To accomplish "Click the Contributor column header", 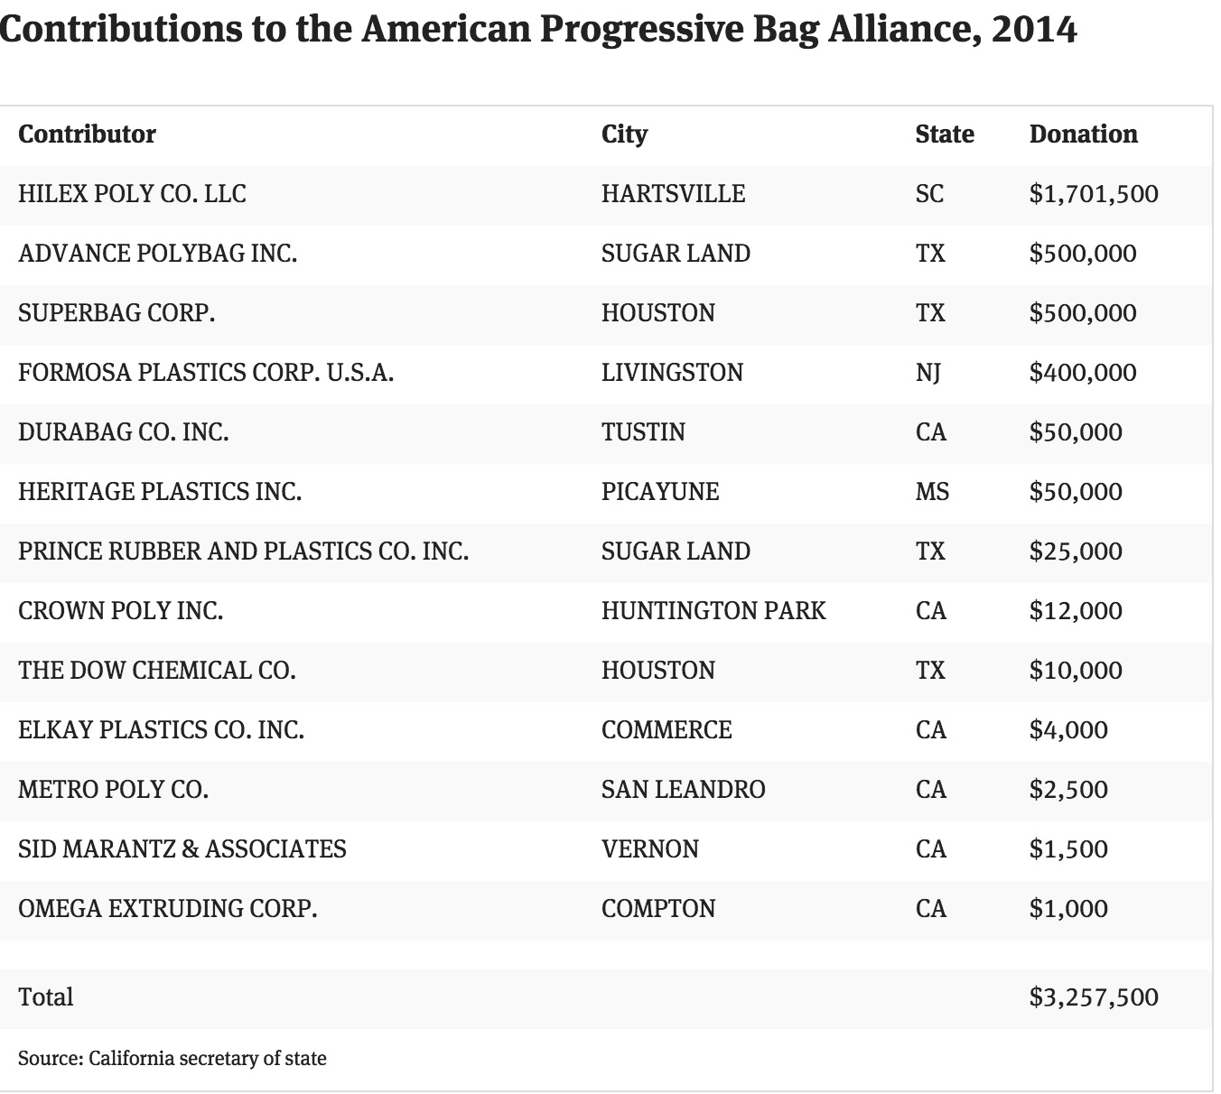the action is click(87, 134).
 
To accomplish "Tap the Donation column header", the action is click(1083, 134).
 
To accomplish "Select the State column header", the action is click(945, 134).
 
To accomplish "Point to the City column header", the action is click(624, 134).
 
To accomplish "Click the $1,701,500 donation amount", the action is click(1094, 193).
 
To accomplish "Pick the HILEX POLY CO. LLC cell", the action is click(132, 193).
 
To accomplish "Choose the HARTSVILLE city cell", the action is click(673, 193).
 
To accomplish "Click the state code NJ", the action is click(927, 373).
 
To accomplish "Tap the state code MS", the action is click(932, 492).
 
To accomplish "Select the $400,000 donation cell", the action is click(1083, 372).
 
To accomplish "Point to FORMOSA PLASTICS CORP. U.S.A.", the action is click(206, 372).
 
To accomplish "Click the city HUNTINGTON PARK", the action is click(713, 611).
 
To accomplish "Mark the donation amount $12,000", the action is click(1076, 611).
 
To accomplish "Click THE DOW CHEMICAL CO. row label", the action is click(157, 671).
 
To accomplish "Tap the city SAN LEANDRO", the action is click(683, 790).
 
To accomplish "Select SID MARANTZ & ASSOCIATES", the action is click(182, 849).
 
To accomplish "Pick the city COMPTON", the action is click(658, 909).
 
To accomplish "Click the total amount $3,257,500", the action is click(1094, 997).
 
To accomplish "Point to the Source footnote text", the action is click(172, 1059).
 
